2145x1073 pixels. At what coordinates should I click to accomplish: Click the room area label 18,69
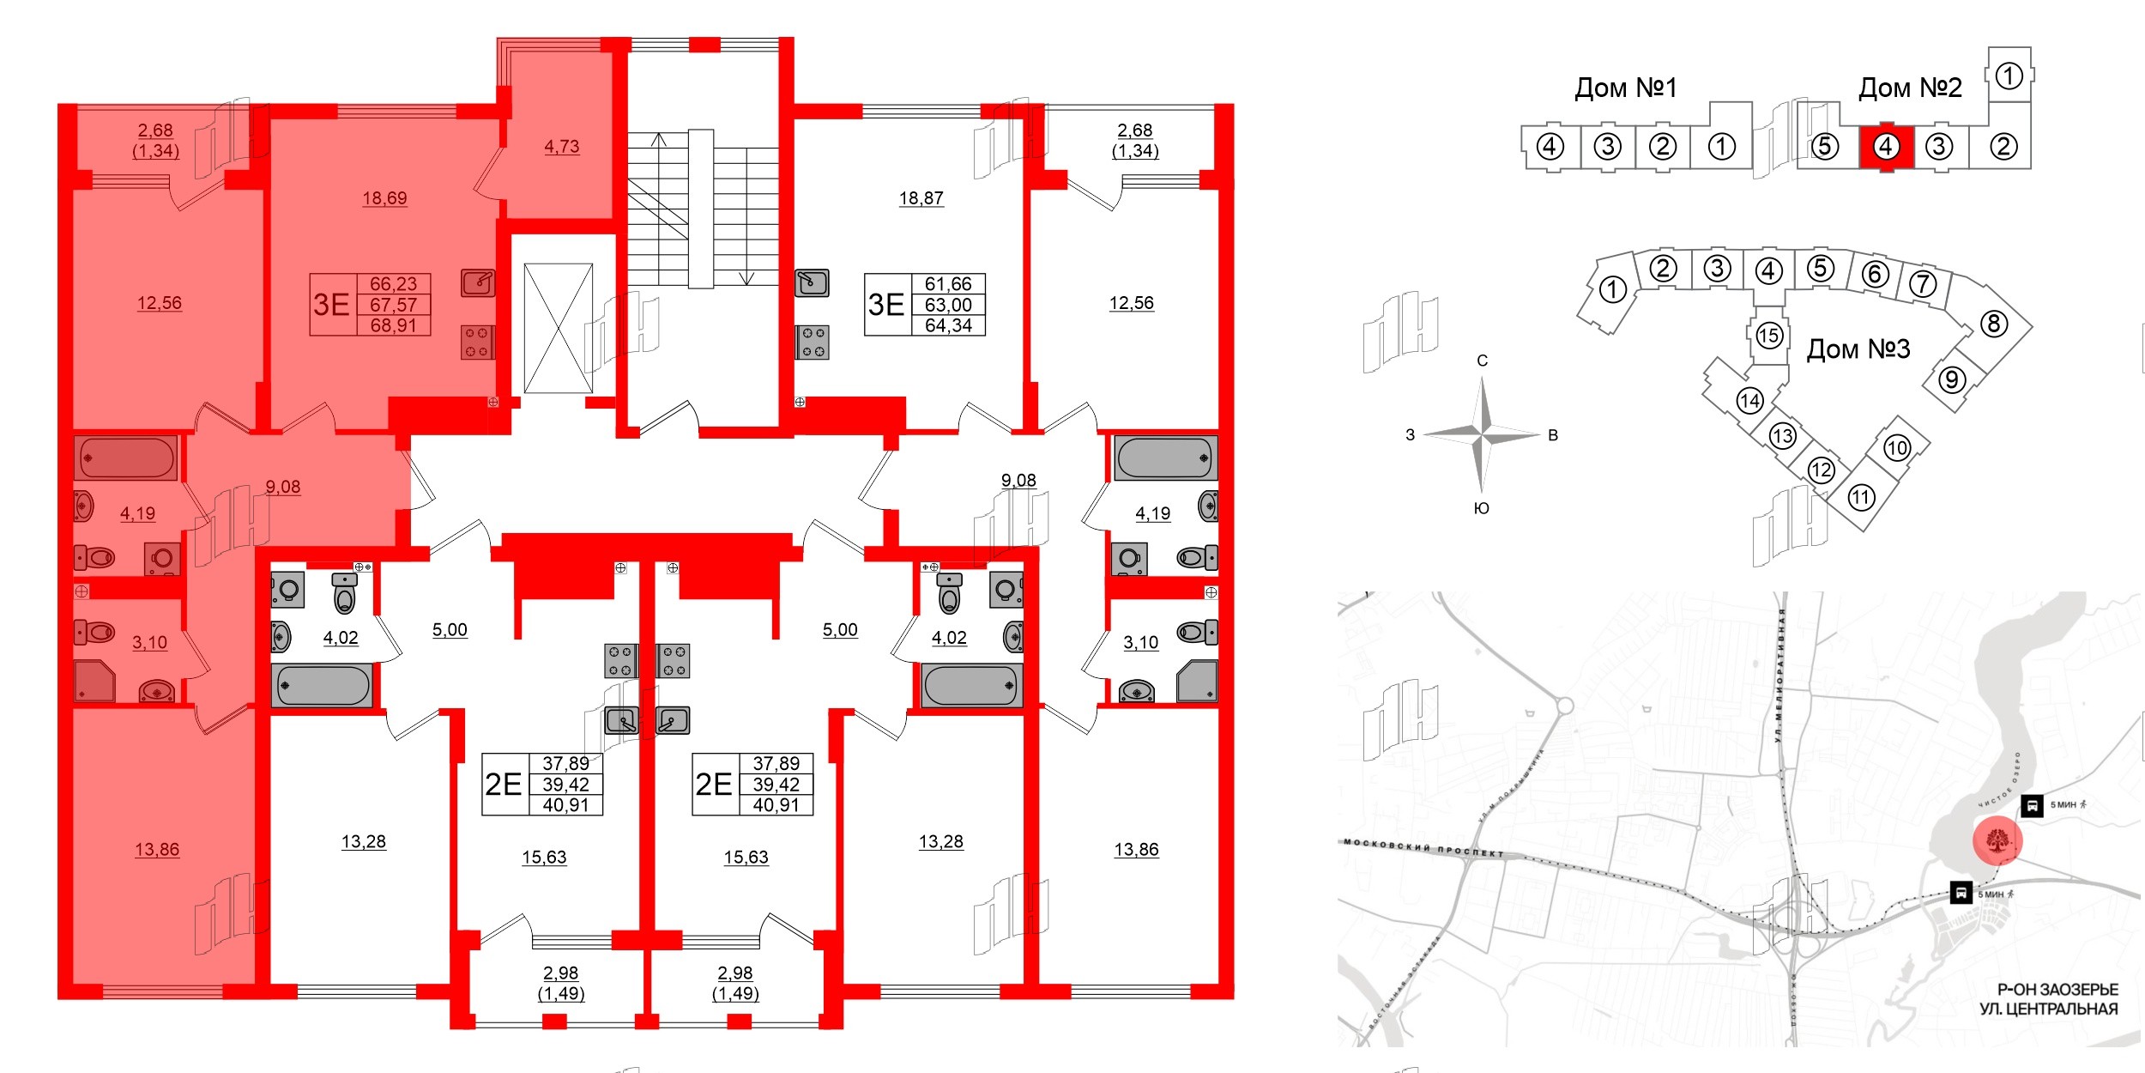click(384, 198)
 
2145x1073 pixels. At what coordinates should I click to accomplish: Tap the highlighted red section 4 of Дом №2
click(1885, 148)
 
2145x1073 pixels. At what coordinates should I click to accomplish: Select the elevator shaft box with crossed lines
click(558, 328)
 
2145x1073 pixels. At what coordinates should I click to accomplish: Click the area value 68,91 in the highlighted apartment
click(393, 326)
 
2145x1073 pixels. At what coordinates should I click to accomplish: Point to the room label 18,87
click(921, 198)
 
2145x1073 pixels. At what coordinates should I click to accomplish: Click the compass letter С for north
click(1482, 361)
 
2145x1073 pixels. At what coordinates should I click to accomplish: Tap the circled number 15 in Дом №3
click(1768, 336)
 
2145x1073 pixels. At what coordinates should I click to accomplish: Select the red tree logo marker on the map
click(1997, 840)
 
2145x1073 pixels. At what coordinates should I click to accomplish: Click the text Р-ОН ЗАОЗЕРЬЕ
click(2057, 990)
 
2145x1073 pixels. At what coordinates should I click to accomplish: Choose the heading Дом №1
click(1625, 88)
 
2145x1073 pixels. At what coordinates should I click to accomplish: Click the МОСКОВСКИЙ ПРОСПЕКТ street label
click(1423, 848)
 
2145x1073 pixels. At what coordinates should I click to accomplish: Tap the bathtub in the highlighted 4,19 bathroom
click(127, 458)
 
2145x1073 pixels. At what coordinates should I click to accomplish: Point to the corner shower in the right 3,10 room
click(1197, 682)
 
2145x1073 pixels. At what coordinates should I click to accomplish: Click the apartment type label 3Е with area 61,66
click(886, 305)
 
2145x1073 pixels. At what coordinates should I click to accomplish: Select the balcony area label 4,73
click(561, 147)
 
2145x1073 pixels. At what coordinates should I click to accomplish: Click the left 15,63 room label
click(544, 858)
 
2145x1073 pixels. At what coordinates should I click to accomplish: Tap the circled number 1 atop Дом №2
click(2009, 76)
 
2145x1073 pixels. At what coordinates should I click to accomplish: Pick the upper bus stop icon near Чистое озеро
click(2031, 806)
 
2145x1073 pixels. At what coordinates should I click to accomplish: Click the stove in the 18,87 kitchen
click(813, 343)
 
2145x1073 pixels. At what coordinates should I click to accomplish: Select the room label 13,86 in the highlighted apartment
click(157, 850)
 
